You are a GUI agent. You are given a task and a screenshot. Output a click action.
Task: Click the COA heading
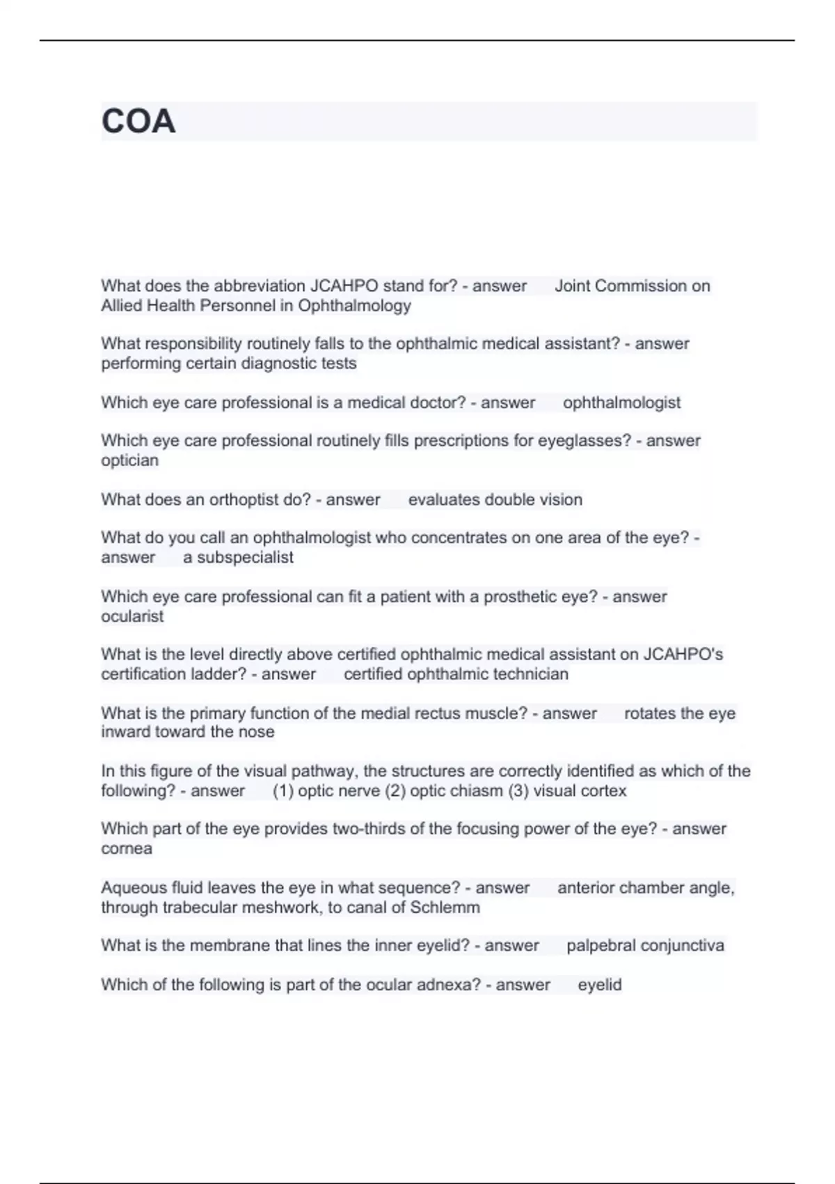click(x=138, y=121)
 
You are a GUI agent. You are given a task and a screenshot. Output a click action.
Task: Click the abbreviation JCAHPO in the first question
click(x=344, y=286)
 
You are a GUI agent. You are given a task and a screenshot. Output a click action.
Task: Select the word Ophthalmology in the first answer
click(x=354, y=306)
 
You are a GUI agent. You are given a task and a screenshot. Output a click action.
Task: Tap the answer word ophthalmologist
click(x=621, y=403)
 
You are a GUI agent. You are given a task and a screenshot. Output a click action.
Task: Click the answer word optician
click(x=129, y=460)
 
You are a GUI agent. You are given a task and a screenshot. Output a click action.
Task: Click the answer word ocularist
click(x=132, y=616)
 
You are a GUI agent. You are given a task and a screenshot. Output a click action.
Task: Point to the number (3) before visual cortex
click(x=519, y=791)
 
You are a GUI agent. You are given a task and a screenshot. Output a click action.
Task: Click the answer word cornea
click(x=127, y=849)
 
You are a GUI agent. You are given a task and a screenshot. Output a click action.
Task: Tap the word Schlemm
click(x=445, y=908)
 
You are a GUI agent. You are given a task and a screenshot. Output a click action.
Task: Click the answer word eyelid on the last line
click(x=599, y=985)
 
